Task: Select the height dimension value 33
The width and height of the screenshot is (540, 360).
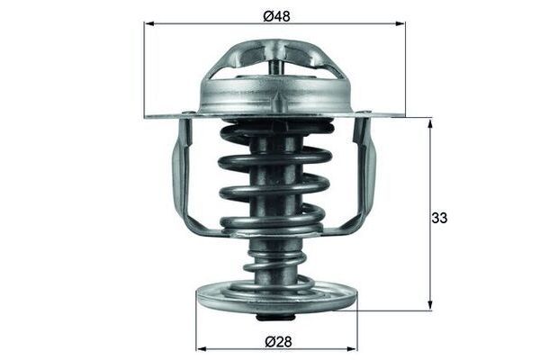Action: (440, 219)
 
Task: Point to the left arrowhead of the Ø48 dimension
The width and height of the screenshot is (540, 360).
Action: (149, 25)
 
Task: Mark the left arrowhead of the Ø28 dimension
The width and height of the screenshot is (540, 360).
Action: (202, 348)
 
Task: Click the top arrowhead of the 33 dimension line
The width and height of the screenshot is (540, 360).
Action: (430, 123)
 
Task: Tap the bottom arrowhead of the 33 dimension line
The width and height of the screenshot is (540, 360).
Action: (430, 305)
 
